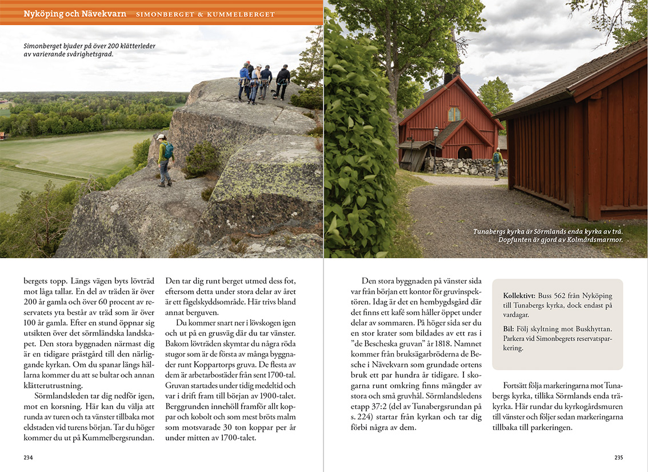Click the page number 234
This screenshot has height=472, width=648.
tap(28, 457)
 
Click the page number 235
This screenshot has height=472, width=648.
tap(618, 457)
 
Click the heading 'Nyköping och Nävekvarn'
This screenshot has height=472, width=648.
tap(75, 13)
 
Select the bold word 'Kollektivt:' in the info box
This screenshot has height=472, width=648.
tap(519, 296)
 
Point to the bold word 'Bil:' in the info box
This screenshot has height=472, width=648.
tap(509, 329)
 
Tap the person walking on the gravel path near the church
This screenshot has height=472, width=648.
tap(497, 163)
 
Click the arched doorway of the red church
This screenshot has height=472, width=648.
tap(465, 153)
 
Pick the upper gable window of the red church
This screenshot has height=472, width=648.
tap(454, 114)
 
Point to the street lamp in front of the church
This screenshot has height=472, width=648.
tap(436, 146)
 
